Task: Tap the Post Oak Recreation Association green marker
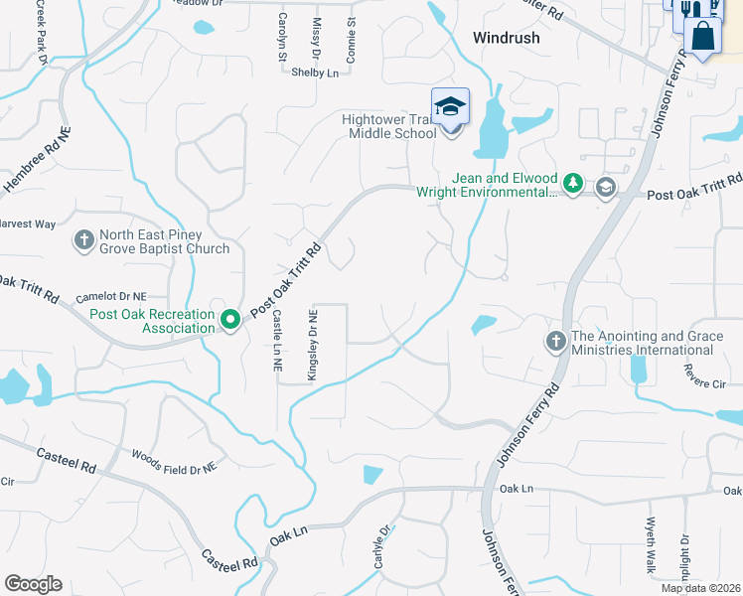tap(230, 320)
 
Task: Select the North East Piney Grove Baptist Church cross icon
tap(84, 240)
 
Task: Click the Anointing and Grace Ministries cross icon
tap(555, 342)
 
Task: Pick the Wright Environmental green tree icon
tap(572, 184)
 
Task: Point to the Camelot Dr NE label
tap(111, 297)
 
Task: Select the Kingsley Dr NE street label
tap(313, 343)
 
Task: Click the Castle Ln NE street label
tap(277, 340)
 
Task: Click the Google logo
tap(33, 583)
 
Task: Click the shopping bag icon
tap(703, 35)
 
